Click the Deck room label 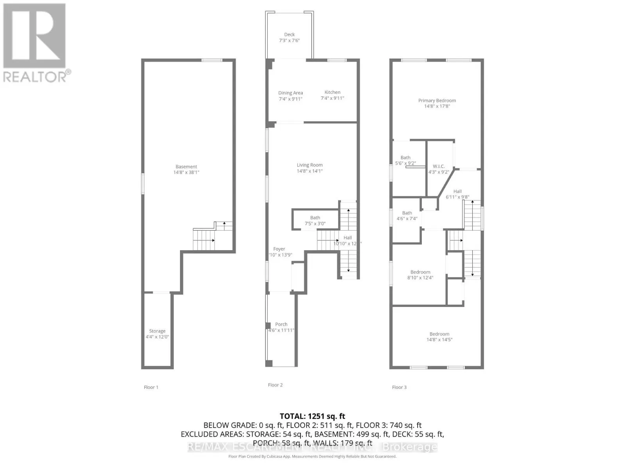289,35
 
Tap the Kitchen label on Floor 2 332,92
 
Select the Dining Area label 291,93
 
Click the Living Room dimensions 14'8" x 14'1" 310,171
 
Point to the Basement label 186,166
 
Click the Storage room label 157,331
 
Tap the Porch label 281,324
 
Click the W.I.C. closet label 439,166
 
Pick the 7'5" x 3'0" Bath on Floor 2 315,221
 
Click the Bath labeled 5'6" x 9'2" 405,161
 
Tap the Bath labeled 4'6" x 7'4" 407,216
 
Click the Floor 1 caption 151,387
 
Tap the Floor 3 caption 399,387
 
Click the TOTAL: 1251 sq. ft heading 312,416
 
